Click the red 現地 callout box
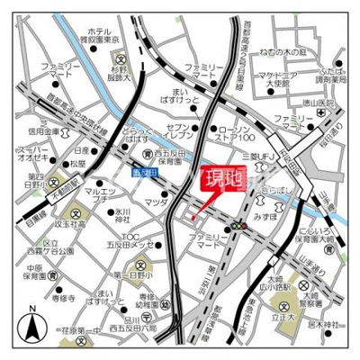pos(220,178)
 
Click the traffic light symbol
pos(238,227)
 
